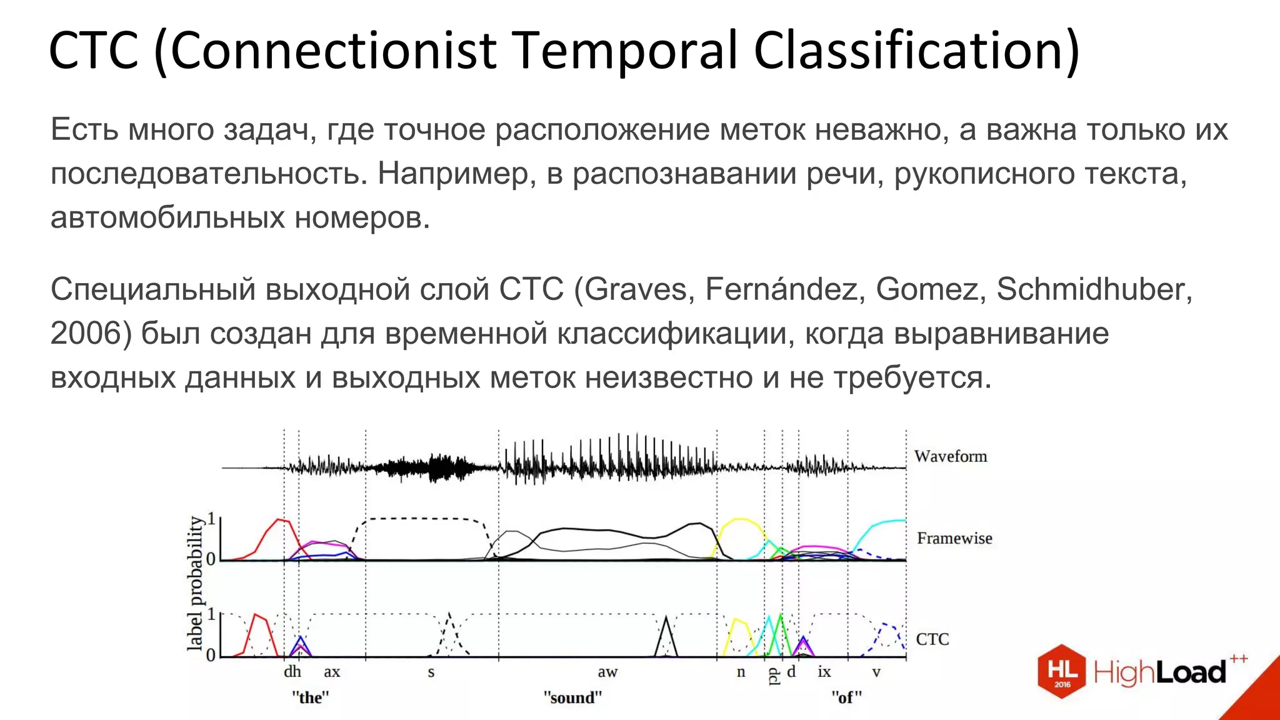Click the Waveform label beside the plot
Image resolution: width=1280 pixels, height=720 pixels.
click(x=950, y=456)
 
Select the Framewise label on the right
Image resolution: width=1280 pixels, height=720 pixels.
click(x=954, y=538)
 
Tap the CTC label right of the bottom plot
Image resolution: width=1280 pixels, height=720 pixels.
click(x=932, y=639)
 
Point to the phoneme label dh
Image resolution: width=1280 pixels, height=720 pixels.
click(x=292, y=672)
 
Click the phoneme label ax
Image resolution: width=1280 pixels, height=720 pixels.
click(x=332, y=672)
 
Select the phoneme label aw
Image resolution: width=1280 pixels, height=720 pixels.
click(x=607, y=672)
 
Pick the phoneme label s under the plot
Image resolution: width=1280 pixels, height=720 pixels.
click(x=431, y=672)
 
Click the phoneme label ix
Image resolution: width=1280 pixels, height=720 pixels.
click(x=824, y=672)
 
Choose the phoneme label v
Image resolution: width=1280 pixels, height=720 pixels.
click(x=876, y=672)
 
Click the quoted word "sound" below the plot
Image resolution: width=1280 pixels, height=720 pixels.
click(x=572, y=697)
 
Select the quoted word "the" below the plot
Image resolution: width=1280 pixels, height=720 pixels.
click(x=310, y=697)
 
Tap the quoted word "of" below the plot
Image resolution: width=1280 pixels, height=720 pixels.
click(x=846, y=697)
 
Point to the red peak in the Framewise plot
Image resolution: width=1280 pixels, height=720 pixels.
click(x=280, y=521)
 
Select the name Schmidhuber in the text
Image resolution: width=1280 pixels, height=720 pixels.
click(x=1094, y=289)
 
